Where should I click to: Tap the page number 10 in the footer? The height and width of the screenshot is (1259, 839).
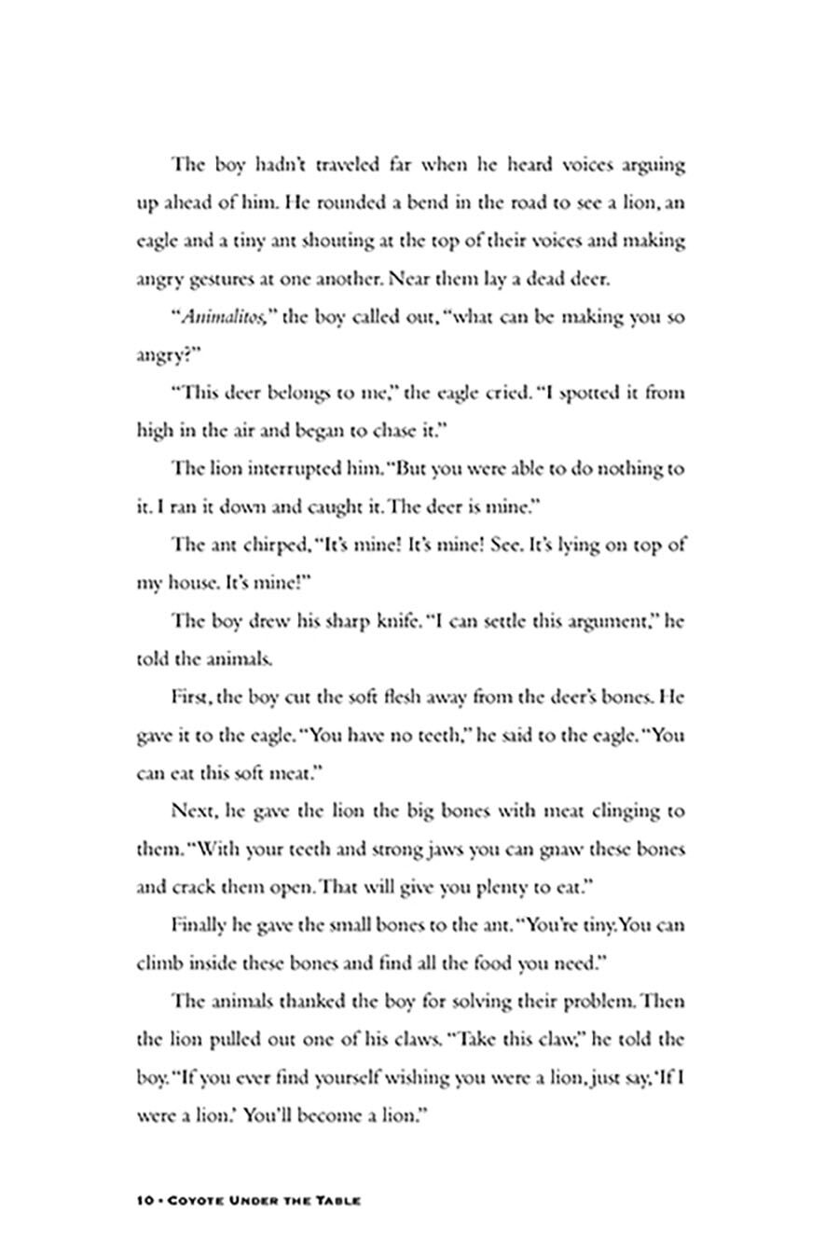coord(144,1201)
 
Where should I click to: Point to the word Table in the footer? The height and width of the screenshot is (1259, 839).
coord(338,1201)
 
